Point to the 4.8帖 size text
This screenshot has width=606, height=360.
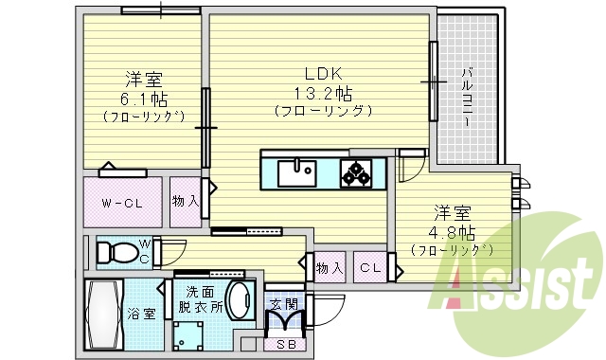point(451,231)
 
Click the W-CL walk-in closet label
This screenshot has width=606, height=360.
point(122,202)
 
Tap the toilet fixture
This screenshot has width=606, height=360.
point(116,252)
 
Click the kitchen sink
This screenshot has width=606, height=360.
point(297,173)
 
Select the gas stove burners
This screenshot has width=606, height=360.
point(357,173)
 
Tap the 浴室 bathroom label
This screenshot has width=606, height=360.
point(143,315)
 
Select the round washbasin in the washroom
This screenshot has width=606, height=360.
point(240,301)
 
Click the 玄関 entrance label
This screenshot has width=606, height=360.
point(284,304)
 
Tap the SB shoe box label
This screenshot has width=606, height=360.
point(285,346)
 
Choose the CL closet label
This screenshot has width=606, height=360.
point(370,268)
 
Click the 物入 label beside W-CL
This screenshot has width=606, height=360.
point(186,201)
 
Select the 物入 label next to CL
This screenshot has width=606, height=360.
point(330,268)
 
